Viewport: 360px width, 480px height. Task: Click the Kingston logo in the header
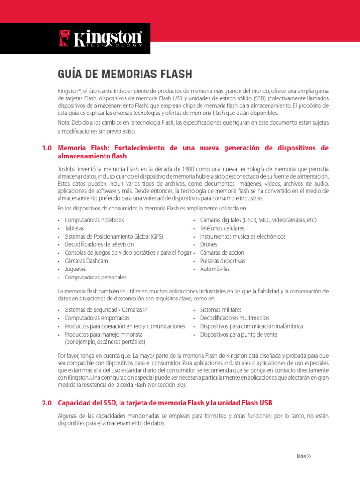[x=100, y=38]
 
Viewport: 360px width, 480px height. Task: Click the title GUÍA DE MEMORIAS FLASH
[x=125, y=74]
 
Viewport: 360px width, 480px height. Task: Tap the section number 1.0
[x=46, y=148]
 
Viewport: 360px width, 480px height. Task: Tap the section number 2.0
[x=46, y=403]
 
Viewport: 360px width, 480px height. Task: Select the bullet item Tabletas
[x=75, y=228]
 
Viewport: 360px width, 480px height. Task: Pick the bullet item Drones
[x=209, y=245]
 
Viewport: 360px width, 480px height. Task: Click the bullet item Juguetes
[x=75, y=269]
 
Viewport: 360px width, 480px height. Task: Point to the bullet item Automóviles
[x=215, y=269]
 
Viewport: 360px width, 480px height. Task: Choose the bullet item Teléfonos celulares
[x=222, y=228]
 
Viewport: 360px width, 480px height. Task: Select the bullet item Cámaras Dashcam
[x=86, y=261]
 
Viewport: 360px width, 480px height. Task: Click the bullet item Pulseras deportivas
[x=222, y=261]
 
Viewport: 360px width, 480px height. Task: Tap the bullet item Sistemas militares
[x=221, y=310]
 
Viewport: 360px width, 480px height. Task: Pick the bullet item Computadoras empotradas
[x=97, y=318]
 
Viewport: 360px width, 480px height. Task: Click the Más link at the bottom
[x=303, y=457]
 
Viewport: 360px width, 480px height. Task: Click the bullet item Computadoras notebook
[x=94, y=220]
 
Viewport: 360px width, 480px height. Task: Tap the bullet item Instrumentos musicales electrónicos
[x=242, y=237]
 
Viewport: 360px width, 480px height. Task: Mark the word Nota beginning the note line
[x=64, y=123]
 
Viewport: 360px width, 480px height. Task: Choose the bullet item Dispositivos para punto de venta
[x=238, y=335]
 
